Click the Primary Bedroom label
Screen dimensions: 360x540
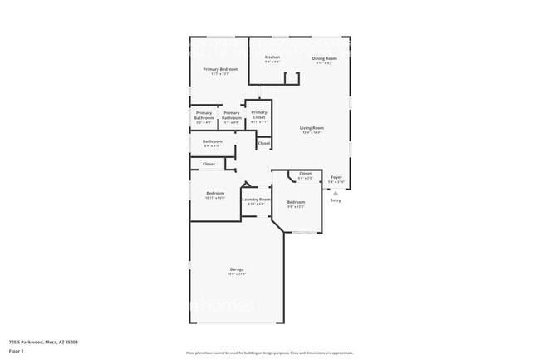point(220,69)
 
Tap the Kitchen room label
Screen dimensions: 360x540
point(272,57)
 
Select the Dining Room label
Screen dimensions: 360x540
point(324,58)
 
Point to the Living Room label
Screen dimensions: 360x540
point(311,127)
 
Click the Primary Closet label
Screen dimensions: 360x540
point(259,115)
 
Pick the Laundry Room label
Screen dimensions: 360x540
point(256,200)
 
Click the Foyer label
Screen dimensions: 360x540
point(336,177)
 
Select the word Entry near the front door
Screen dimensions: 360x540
point(336,200)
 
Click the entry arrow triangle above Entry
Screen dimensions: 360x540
point(336,192)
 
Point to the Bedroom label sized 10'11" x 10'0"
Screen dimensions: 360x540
point(214,193)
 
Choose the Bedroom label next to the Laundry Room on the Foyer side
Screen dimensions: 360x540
point(296,202)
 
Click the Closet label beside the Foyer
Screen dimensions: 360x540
point(305,173)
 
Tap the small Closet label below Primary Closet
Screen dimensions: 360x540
point(263,144)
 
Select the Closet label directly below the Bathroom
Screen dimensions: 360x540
point(209,164)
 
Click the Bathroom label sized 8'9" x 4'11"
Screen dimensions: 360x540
point(213,141)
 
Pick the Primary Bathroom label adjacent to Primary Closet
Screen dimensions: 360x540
point(232,116)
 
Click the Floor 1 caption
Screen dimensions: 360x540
point(17,351)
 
